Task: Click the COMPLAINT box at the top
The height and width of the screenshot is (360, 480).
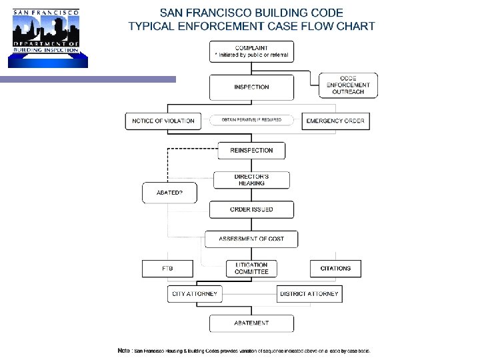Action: click(x=251, y=51)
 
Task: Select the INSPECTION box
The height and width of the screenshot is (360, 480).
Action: click(x=251, y=87)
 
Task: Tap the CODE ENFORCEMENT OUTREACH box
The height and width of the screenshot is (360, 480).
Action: click(x=348, y=85)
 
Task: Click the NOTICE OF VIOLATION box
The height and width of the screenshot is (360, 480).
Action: click(x=163, y=121)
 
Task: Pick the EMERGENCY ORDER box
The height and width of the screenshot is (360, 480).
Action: click(x=335, y=121)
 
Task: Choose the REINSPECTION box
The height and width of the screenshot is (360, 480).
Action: click(x=251, y=150)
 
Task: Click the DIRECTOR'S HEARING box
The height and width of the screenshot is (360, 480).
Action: click(x=251, y=180)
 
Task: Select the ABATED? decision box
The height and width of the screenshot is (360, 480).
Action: click(x=171, y=193)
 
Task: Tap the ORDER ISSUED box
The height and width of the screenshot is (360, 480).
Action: click(x=251, y=209)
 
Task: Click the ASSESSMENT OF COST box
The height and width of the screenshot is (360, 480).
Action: click(x=251, y=239)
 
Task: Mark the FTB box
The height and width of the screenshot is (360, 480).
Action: click(x=167, y=268)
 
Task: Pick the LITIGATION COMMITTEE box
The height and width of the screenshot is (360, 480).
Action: click(x=251, y=268)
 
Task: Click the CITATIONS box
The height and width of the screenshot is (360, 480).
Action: click(x=335, y=268)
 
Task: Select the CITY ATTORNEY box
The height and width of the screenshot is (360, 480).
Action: click(x=194, y=293)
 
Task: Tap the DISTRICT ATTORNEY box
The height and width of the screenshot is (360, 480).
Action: click(x=309, y=293)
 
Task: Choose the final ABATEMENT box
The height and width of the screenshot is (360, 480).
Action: click(x=251, y=323)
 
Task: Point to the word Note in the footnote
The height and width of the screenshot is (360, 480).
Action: click(x=123, y=351)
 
